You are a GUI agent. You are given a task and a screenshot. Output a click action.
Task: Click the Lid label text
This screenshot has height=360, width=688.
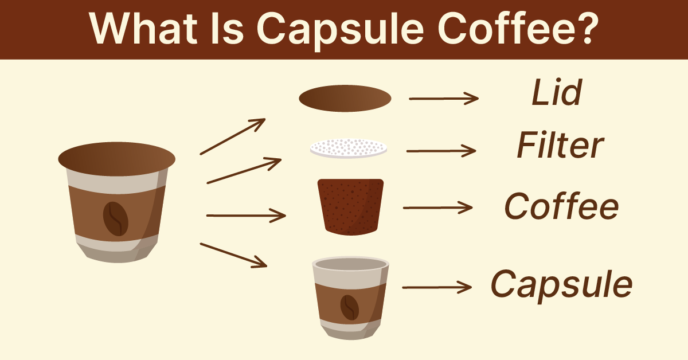point(557,93)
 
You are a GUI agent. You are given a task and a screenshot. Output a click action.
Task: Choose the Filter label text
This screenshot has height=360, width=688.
point(560,147)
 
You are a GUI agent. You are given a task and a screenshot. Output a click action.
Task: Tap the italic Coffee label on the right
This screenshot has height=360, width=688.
point(561,206)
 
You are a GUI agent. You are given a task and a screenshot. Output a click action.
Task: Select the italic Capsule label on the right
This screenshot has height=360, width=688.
point(561,283)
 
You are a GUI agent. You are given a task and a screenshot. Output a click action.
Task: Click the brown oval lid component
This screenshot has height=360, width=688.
point(345,99)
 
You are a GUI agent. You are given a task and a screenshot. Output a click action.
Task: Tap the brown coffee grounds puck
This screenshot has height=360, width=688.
point(350,206)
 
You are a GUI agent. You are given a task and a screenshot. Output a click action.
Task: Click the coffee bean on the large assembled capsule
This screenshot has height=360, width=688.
point(115,218)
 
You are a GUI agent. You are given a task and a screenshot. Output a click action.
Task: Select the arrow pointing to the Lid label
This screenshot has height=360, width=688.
point(443,99)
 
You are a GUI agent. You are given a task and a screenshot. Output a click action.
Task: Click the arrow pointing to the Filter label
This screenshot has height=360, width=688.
point(441,151)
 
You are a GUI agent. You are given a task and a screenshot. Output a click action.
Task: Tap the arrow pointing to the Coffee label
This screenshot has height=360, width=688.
point(438,208)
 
